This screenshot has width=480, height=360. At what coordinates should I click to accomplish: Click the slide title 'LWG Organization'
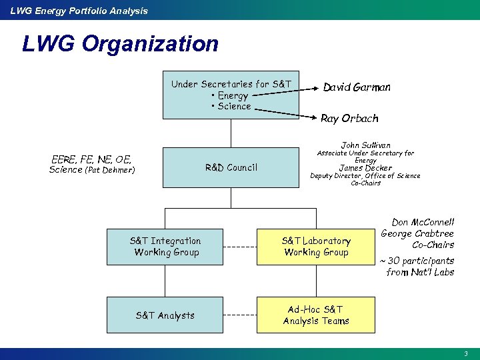(x=120, y=44)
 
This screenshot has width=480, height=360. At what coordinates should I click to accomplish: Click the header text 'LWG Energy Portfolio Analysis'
(x=79, y=10)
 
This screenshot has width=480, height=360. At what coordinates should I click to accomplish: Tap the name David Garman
(x=357, y=87)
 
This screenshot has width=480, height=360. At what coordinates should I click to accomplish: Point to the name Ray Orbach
(x=349, y=119)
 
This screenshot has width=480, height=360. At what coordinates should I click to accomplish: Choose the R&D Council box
(x=231, y=167)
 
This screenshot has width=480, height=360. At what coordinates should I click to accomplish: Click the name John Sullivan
(x=365, y=145)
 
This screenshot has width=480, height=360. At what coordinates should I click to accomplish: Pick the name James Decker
(x=365, y=168)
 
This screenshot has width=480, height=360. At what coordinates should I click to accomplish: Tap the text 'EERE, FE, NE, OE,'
(x=91, y=159)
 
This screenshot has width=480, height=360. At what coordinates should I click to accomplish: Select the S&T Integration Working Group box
(x=166, y=246)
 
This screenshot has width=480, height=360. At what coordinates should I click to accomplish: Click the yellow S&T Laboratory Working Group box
(x=316, y=246)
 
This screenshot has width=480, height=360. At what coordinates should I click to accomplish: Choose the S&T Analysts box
(x=166, y=315)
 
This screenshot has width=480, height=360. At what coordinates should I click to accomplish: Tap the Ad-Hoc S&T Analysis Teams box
(x=316, y=315)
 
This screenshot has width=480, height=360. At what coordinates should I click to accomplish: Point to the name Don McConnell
(x=422, y=223)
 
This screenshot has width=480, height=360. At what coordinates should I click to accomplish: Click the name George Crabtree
(x=417, y=233)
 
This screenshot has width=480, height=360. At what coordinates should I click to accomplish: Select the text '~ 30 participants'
(x=417, y=261)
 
